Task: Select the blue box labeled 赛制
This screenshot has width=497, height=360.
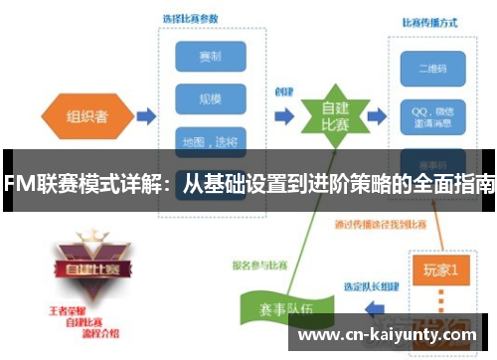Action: coord(210,56)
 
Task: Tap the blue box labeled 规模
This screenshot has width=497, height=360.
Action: coord(210,98)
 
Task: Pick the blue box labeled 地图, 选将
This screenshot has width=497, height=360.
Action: coord(210,140)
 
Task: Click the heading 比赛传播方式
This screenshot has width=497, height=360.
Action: coord(428,23)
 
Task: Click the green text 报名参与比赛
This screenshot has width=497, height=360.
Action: coord(261,267)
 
